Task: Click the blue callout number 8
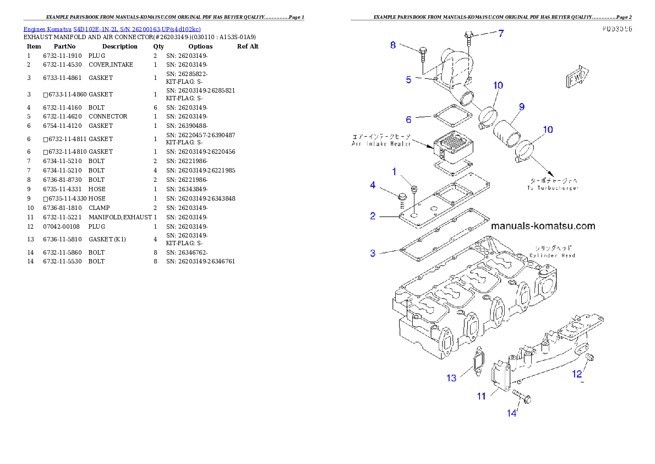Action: click(393, 45)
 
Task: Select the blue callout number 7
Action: click(500, 33)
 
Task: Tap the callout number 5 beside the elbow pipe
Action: click(408, 79)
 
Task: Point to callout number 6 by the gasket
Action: click(408, 120)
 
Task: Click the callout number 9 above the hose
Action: click(521, 106)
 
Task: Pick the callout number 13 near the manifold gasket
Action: click(451, 377)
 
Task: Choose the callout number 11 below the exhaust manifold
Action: click(481, 396)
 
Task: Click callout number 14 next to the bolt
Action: click(512, 412)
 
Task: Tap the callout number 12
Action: click(576, 374)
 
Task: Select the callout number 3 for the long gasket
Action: click(373, 253)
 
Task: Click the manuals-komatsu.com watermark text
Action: click(542, 226)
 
